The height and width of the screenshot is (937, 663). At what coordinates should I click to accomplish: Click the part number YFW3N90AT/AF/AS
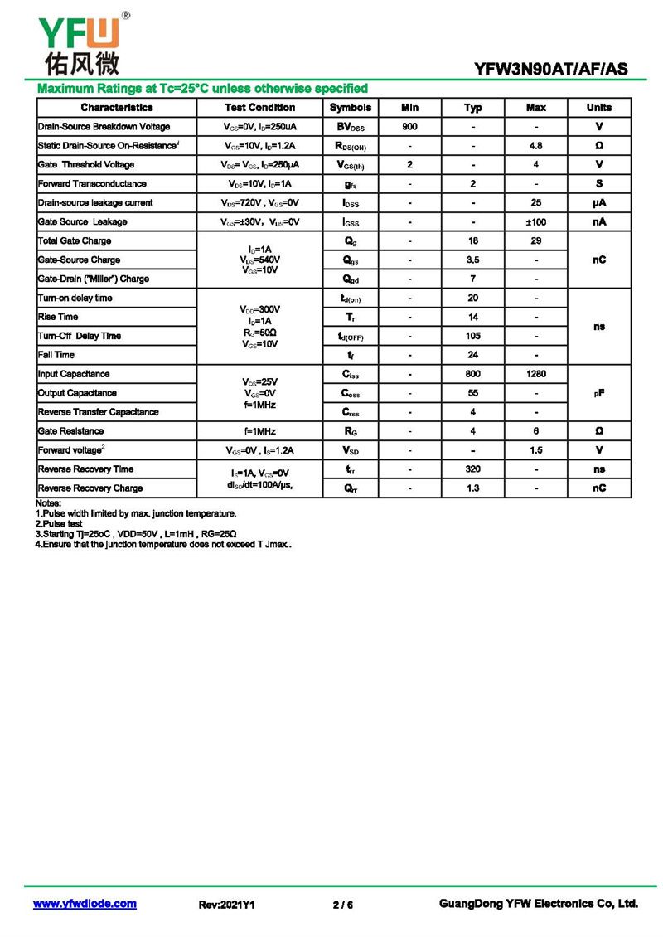tap(551, 70)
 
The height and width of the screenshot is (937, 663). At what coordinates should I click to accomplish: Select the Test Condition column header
tap(259, 108)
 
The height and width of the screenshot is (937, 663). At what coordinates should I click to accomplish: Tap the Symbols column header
tap(350, 108)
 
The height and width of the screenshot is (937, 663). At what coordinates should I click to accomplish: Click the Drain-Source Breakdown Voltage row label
tap(104, 127)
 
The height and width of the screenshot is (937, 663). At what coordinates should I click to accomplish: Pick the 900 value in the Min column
tap(409, 127)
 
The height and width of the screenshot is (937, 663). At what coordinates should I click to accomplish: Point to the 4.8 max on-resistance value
tap(536, 146)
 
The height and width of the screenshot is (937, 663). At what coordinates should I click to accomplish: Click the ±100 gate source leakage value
tap(536, 222)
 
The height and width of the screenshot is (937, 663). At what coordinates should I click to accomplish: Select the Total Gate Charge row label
tap(75, 241)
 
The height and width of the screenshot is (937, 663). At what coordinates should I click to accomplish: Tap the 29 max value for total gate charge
tap(536, 241)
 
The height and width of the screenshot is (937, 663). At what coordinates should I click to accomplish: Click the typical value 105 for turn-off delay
tap(472, 336)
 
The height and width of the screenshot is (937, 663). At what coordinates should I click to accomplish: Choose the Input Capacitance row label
tap(74, 374)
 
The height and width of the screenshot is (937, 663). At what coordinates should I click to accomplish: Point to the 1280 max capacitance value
tap(536, 374)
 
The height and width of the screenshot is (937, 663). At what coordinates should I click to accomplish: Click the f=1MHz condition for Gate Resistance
tap(259, 431)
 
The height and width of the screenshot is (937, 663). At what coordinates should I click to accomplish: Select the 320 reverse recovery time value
tap(472, 469)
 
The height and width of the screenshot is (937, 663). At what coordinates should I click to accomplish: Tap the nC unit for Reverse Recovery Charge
tap(599, 488)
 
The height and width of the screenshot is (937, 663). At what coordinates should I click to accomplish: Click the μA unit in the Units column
tap(599, 203)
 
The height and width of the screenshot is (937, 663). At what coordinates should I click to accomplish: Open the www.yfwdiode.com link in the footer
tap(85, 904)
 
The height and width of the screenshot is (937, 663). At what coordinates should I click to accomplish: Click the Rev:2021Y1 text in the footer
tap(226, 905)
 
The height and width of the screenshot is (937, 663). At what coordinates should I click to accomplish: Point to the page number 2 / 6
tap(342, 905)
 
